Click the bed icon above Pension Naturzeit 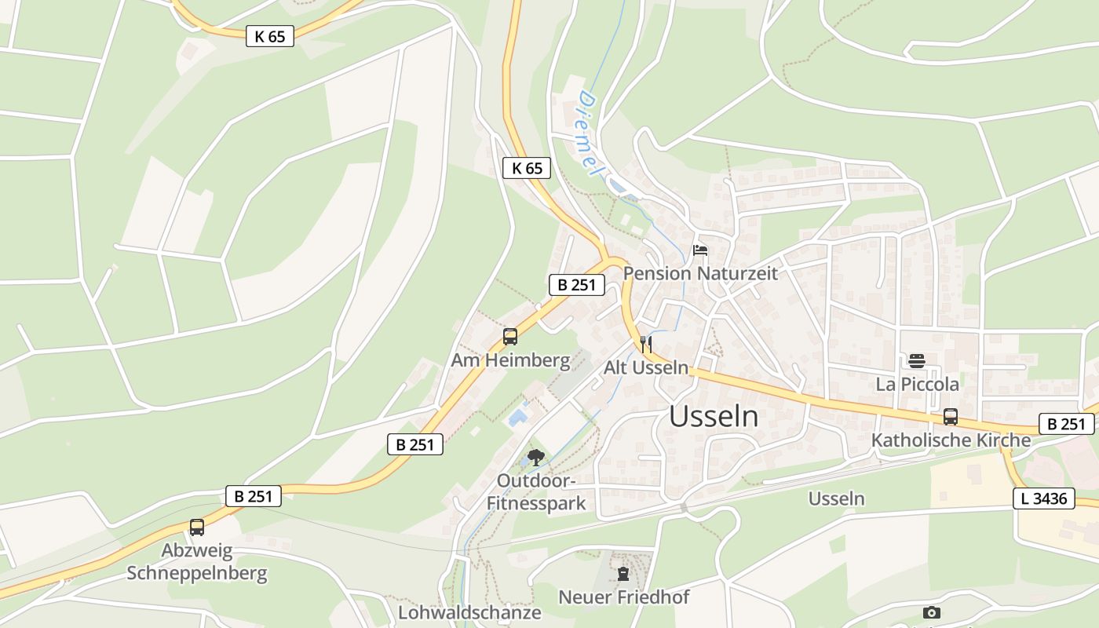click(x=699, y=250)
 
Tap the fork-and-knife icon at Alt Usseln click(x=645, y=344)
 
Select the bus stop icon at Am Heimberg click(x=510, y=338)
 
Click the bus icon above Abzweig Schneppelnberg click(x=196, y=528)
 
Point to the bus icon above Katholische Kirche click(x=950, y=417)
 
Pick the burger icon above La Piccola click(x=917, y=361)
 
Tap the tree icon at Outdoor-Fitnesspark click(x=536, y=457)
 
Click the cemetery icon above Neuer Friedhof click(x=623, y=574)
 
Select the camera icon click(x=932, y=612)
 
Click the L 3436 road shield click(x=1043, y=498)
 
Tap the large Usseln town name click(x=714, y=418)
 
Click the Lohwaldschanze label click(x=469, y=612)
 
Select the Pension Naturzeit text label click(x=700, y=273)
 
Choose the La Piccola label click(x=917, y=384)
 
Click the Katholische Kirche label click(x=951, y=440)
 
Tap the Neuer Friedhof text click(x=623, y=597)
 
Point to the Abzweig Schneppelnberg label click(x=197, y=562)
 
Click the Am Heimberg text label click(x=510, y=360)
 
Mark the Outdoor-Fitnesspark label click(x=536, y=492)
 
